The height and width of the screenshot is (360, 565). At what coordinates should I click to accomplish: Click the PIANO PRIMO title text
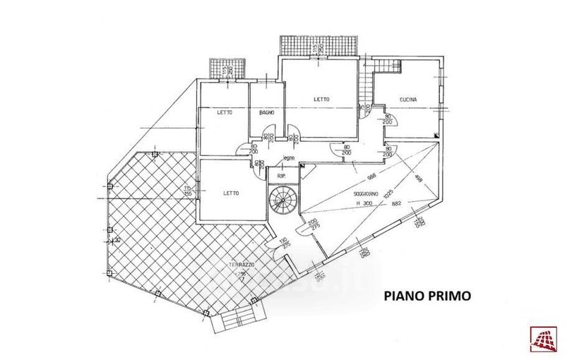(x=427, y=296)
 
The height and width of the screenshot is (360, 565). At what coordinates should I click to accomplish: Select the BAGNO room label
(x=266, y=113)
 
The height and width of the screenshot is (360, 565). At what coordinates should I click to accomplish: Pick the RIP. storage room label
(x=281, y=176)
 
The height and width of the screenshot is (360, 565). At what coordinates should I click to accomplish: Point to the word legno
(x=287, y=157)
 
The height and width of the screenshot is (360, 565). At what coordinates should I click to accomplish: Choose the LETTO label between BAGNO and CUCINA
(x=321, y=100)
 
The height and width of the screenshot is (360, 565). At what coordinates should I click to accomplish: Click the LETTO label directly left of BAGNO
(x=225, y=113)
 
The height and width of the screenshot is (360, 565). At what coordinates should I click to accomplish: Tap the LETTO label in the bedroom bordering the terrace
(x=232, y=193)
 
